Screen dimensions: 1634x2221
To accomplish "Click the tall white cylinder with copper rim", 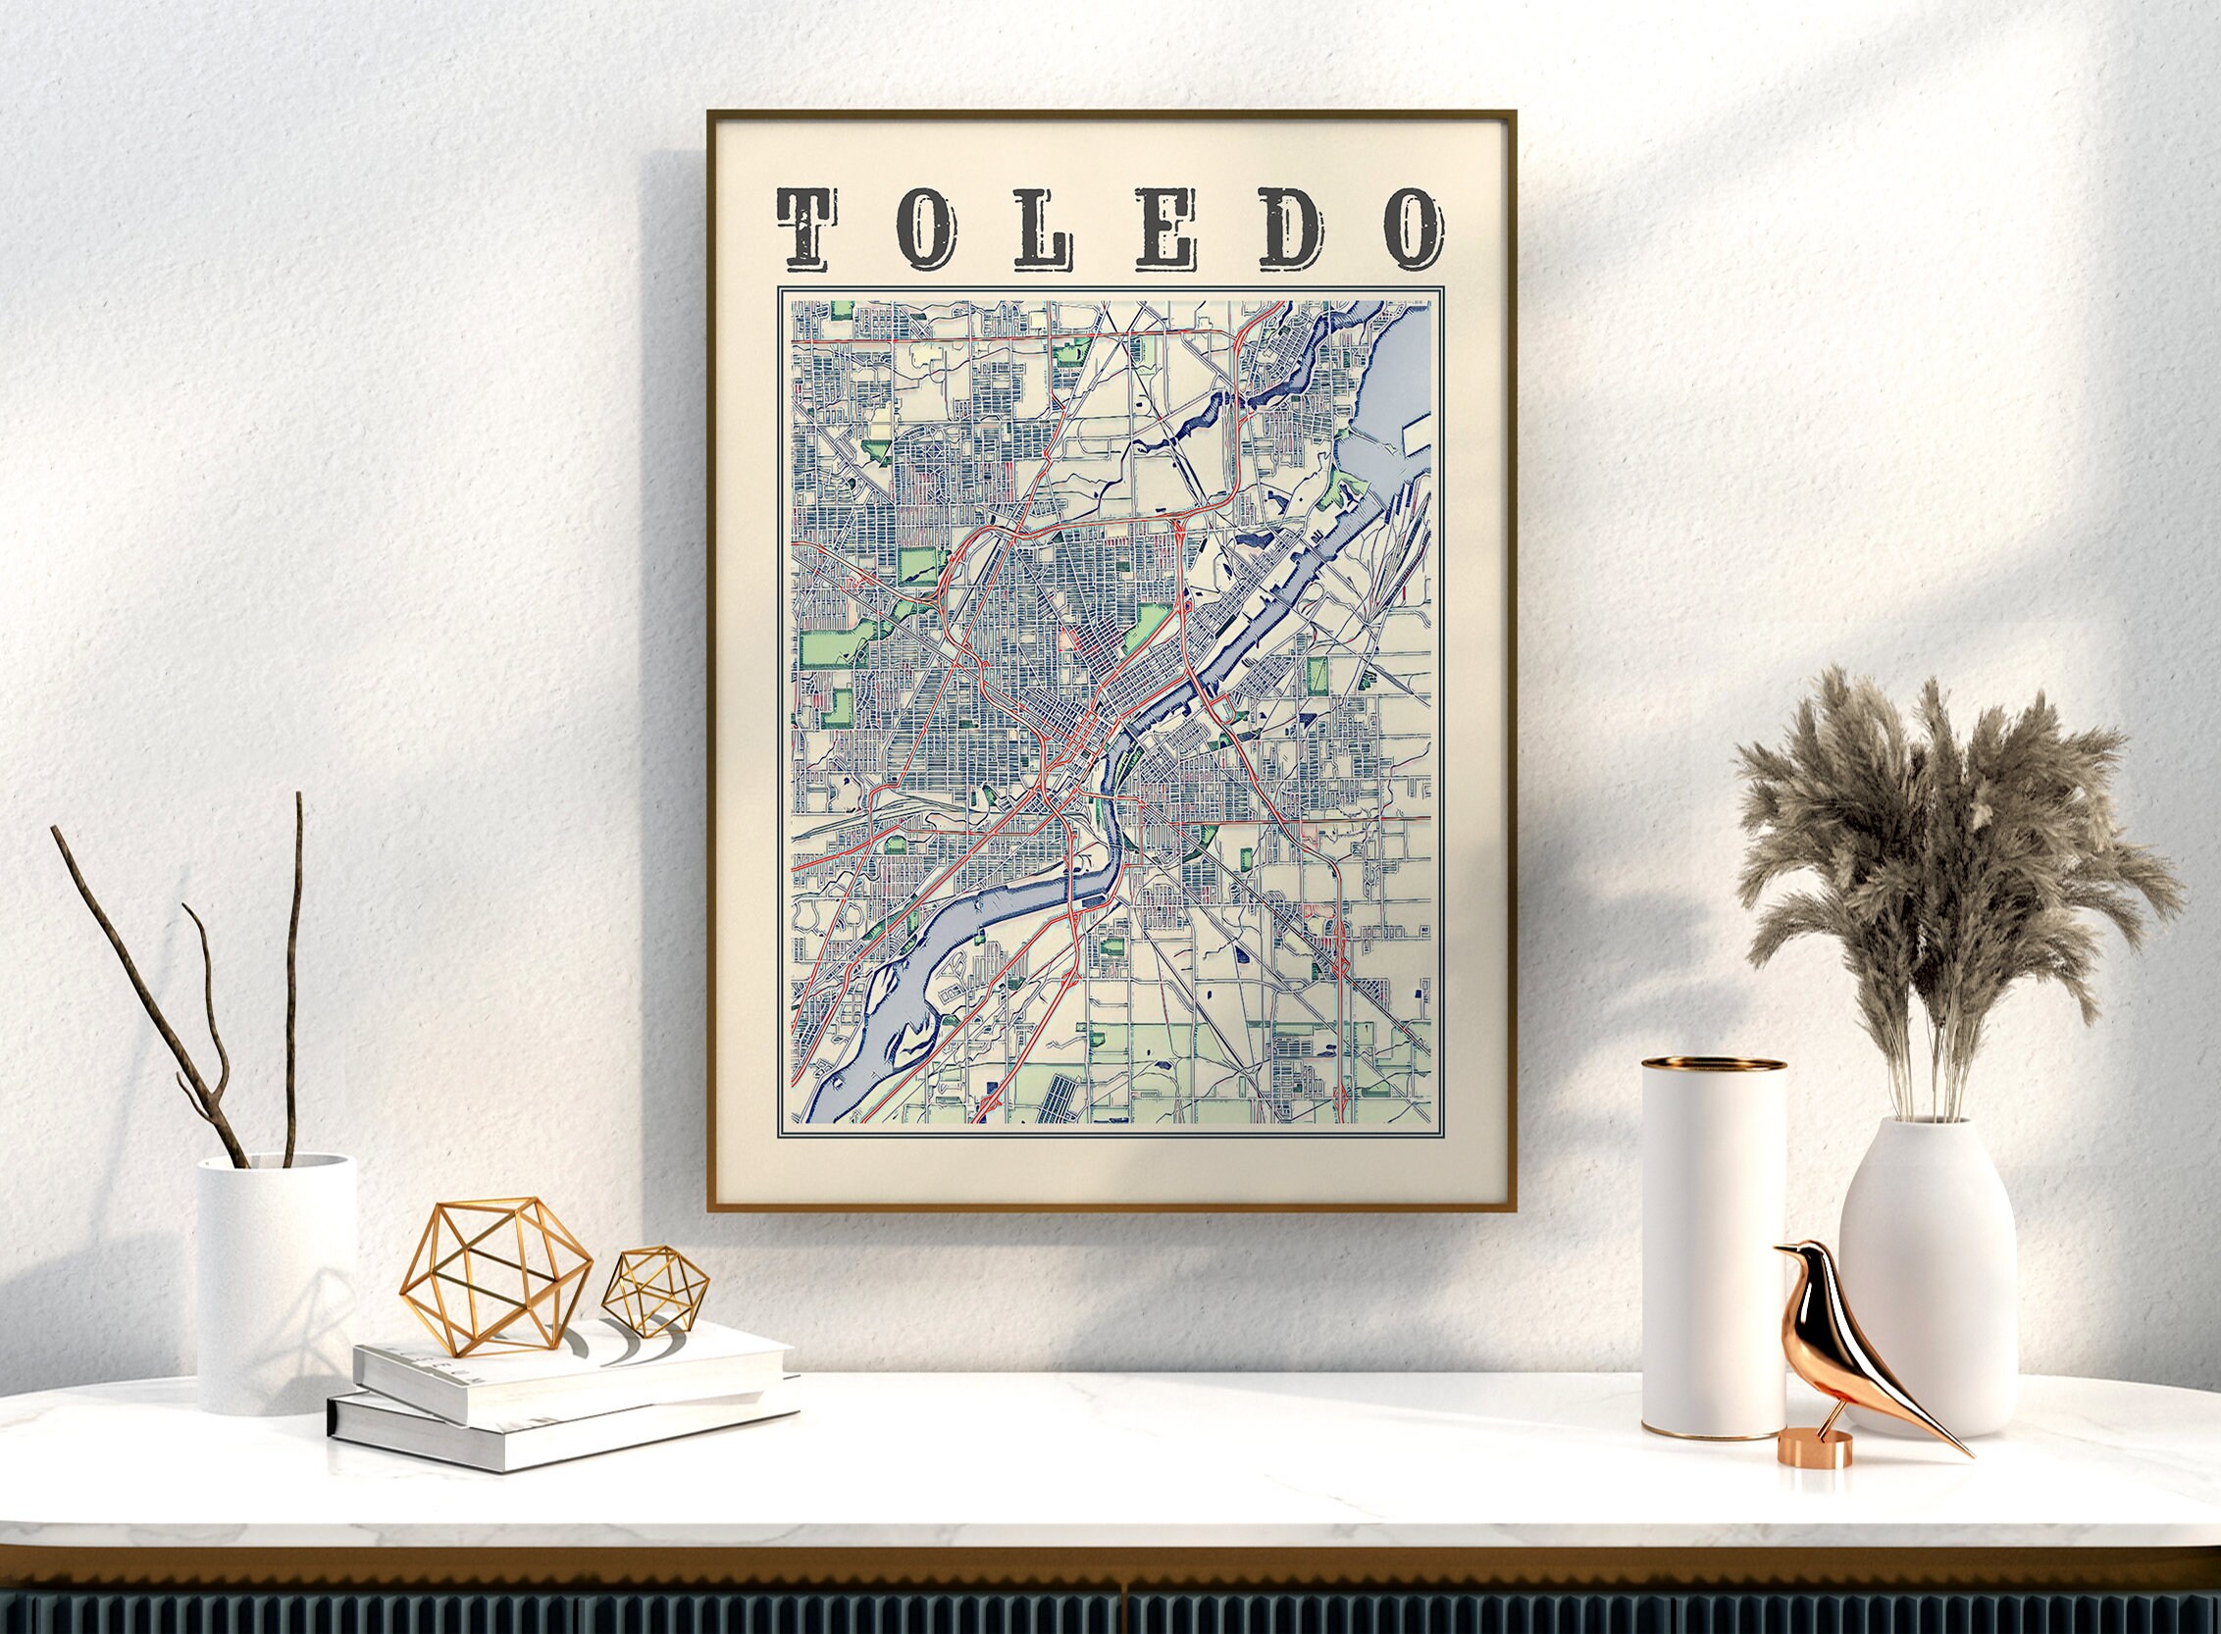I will coord(1714,1247).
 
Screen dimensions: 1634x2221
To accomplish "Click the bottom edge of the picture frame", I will coord(1111,1207).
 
